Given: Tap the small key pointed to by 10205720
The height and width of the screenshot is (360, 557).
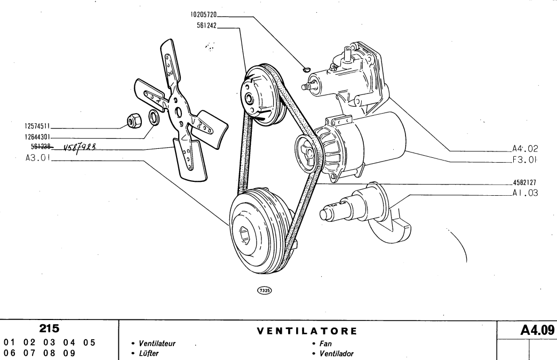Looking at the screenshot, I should pos(306,69).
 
